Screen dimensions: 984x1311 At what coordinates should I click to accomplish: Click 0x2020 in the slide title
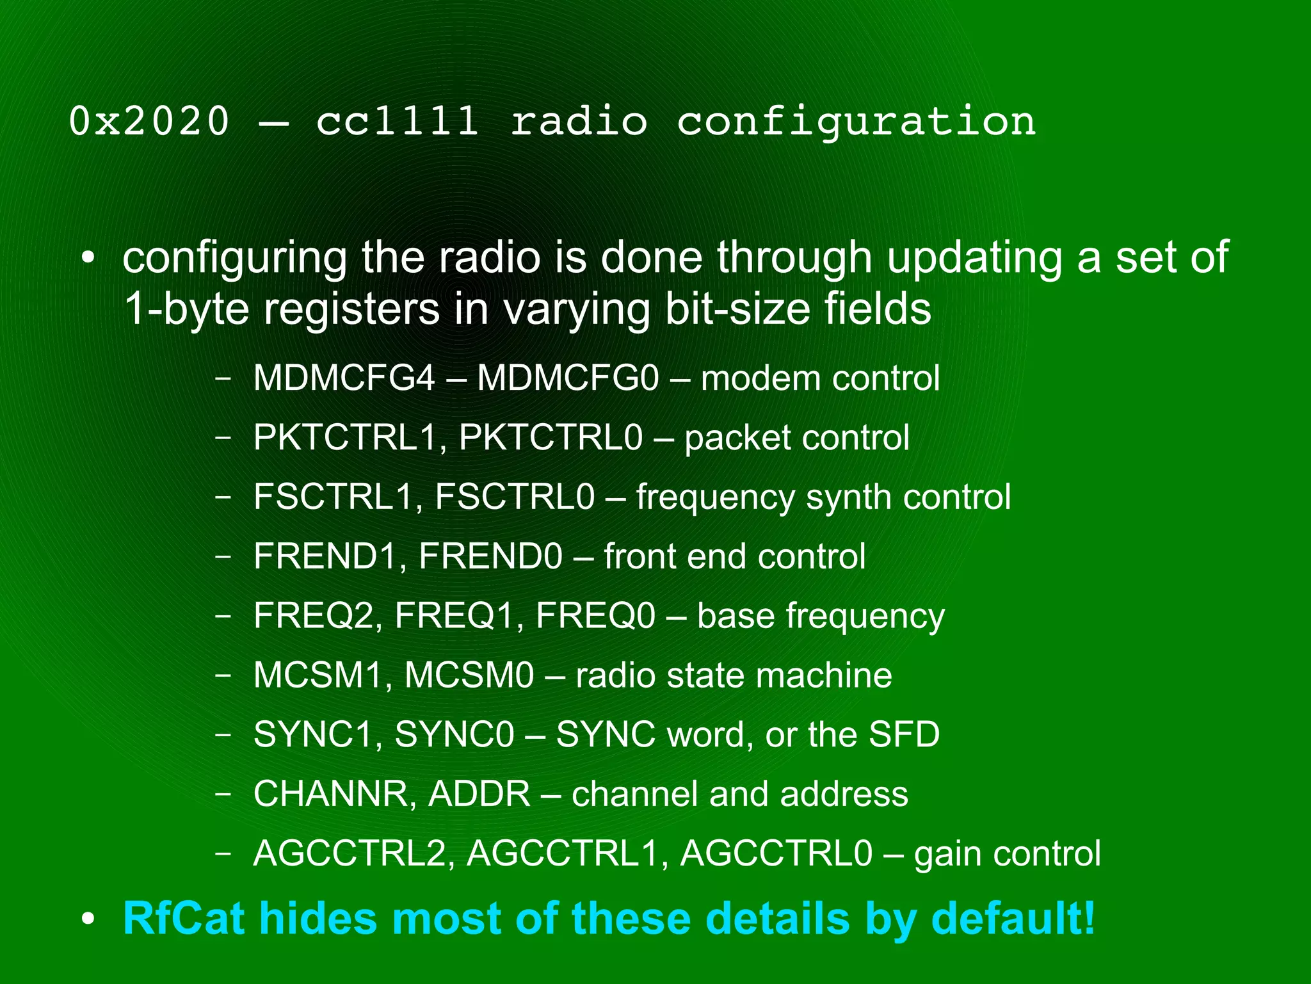(x=149, y=121)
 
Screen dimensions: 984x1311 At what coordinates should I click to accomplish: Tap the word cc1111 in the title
(x=397, y=121)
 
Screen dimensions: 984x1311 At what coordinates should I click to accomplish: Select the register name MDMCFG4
(x=344, y=378)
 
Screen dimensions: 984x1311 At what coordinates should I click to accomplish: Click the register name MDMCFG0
(x=568, y=378)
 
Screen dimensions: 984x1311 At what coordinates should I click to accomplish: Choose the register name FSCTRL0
(x=515, y=497)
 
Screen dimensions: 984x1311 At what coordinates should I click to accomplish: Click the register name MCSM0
(x=469, y=675)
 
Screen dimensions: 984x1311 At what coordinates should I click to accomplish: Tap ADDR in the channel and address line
(x=479, y=794)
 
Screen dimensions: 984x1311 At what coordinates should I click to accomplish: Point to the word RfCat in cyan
(x=183, y=918)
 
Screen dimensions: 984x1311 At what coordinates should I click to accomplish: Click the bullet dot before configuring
(x=88, y=259)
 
